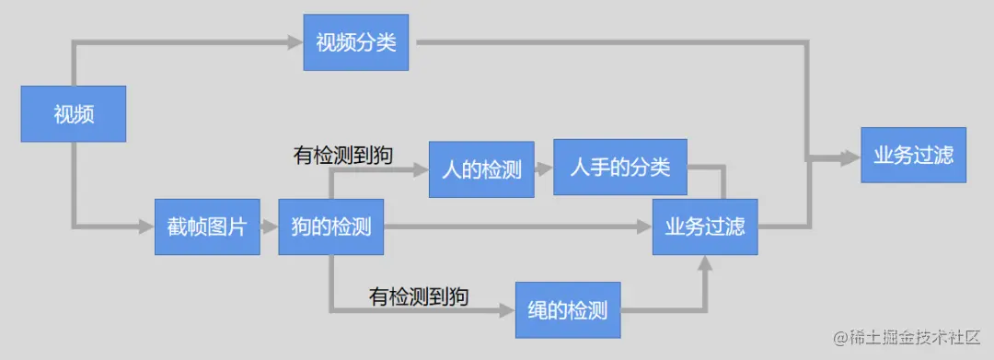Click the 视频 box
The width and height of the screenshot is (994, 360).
click(74, 113)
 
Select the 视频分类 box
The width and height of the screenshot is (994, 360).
click(356, 42)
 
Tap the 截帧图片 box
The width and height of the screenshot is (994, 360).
click(207, 226)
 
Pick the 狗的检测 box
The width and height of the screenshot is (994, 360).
click(330, 226)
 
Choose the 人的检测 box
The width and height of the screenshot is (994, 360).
click(481, 169)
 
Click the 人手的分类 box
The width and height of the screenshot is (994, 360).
click(619, 168)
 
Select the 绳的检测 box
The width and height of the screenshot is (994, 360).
click(568, 310)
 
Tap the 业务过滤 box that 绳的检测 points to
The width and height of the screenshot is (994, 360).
click(704, 226)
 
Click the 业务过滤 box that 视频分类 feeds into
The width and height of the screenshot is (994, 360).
click(913, 155)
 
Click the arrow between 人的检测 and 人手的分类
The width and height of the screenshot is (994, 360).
click(543, 169)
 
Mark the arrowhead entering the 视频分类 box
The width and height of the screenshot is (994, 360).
click(295, 42)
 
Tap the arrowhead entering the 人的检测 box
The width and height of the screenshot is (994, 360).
click(420, 169)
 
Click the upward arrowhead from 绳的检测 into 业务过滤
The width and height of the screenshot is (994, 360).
click(704, 263)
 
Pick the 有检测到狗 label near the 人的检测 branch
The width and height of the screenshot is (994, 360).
click(342, 156)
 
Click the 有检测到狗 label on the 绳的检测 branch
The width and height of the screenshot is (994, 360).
click(419, 296)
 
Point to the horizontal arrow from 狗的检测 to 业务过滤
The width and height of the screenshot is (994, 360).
click(515, 226)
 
